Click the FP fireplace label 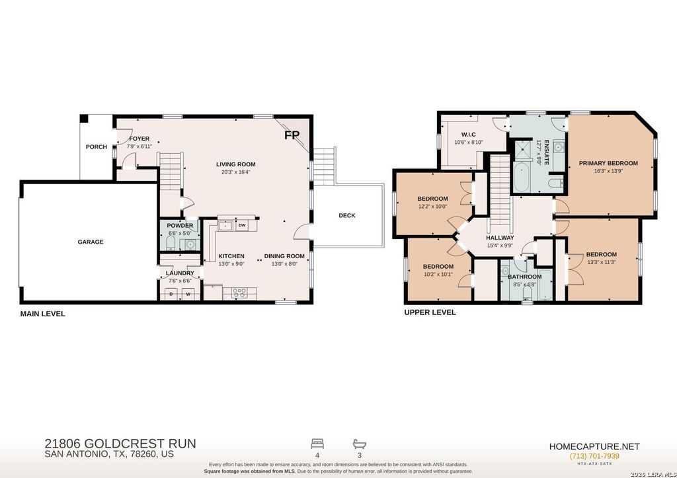click(292, 135)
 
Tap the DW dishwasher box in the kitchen click(242, 225)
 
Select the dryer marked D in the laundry click(171, 294)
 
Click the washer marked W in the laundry click(188, 294)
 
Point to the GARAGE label click(91, 242)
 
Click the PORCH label click(97, 147)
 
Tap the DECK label click(347, 215)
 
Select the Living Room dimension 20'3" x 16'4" click(236, 172)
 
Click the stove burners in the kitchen click(239, 293)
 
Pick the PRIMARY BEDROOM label click(608, 163)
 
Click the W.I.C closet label click(469, 135)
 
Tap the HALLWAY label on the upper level click(500, 238)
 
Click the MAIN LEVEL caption click(43, 314)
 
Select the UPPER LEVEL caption click(430, 312)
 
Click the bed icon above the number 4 click(317, 444)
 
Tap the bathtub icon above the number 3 click(359, 444)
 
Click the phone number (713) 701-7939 click(594, 456)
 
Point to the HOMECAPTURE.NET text click(594, 446)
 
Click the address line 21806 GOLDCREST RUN click(120, 443)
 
